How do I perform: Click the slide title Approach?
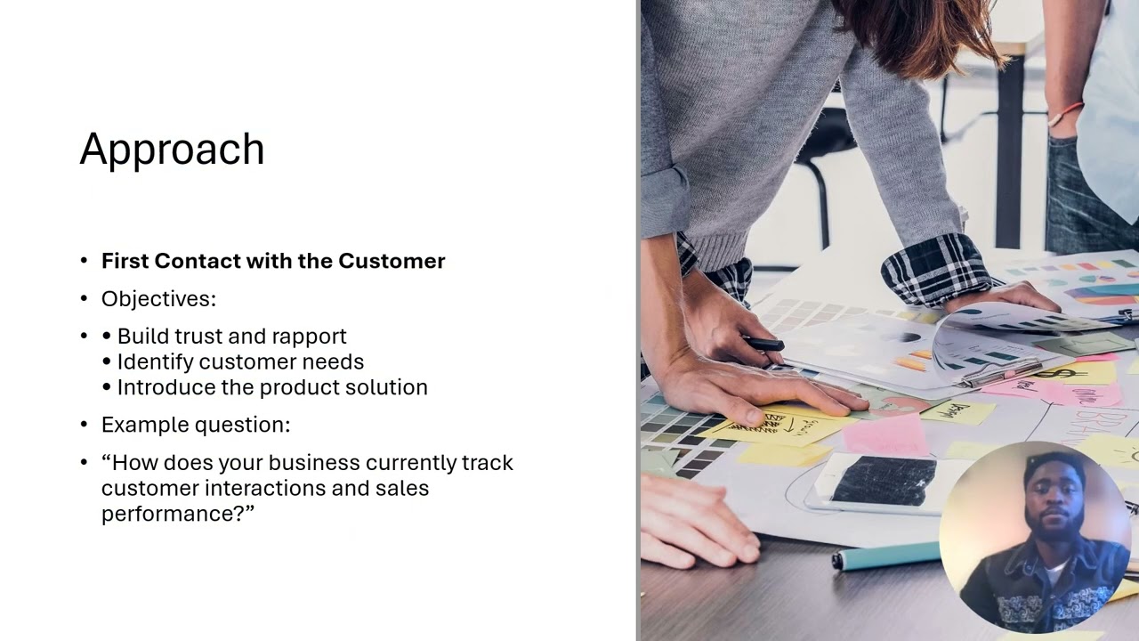coord(172,150)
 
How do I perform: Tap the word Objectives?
coord(158,299)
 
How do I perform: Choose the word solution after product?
coord(390,387)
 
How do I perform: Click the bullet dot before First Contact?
coord(85,261)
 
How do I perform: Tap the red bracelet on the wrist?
coord(1064,113)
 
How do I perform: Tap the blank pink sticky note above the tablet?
coord(885,434)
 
